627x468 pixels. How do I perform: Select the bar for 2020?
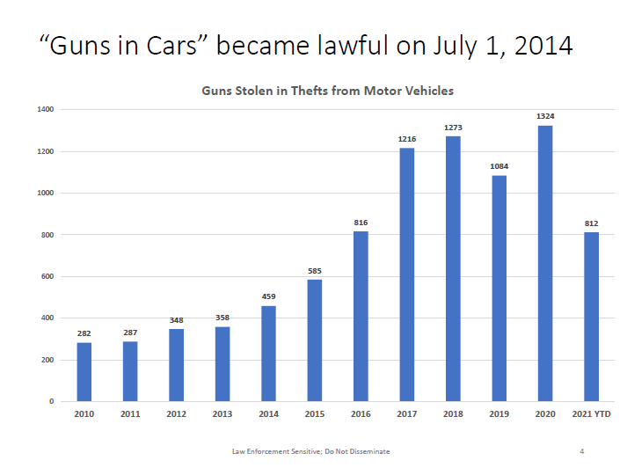545,263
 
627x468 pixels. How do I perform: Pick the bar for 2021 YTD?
592,317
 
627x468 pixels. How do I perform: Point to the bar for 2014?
268,353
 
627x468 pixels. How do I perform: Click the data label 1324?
545,116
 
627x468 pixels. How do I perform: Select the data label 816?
361,223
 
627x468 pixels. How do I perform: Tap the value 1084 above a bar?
499,166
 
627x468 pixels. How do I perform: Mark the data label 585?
315,270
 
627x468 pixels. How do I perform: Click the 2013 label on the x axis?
222,414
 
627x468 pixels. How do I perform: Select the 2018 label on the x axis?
453,414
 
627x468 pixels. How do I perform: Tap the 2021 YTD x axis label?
592,414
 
